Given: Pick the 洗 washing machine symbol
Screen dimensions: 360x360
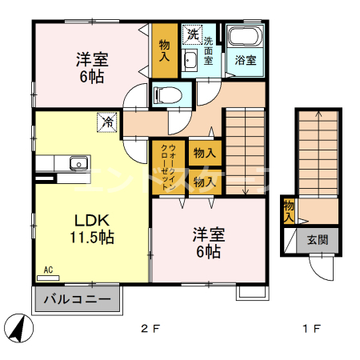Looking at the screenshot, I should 191,34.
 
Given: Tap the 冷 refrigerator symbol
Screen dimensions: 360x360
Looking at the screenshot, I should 106,122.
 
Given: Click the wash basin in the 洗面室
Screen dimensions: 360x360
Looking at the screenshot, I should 191,61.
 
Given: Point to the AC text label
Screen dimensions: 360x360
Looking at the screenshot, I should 49,270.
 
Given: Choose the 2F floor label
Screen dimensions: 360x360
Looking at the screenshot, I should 150,329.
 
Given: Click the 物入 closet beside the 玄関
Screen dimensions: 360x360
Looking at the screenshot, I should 288,211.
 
